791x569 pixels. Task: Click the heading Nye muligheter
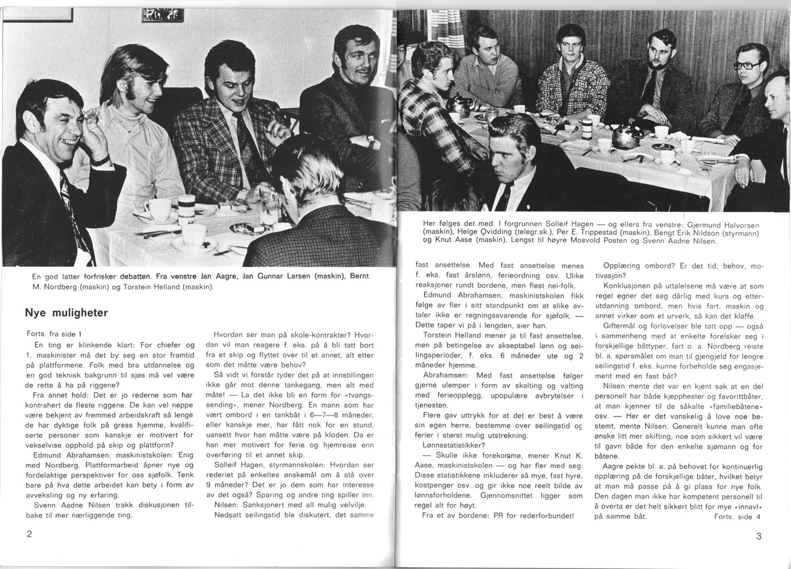[x=66, y=312]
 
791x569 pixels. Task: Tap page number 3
[x=759, y=535]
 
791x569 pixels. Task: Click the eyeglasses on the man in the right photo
[x=746, y=65]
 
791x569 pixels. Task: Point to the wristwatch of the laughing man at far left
[x=101, y=162]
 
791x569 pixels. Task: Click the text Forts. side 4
[x=736, y=516]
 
